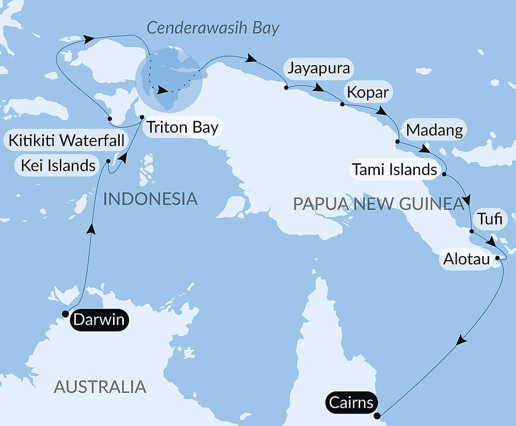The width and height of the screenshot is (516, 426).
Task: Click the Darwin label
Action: click(99, 320)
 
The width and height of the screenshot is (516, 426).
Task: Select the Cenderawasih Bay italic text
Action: click(213, 28)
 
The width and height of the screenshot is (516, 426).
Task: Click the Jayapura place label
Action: click(319, 68)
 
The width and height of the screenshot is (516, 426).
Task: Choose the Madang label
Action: click(434, 130)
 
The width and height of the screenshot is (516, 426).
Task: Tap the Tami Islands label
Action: click(394, 169)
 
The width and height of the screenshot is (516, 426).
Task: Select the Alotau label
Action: click(466, 259)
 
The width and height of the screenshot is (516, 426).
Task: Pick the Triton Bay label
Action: click(182, 128)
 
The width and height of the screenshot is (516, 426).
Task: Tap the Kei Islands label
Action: click(58, 165)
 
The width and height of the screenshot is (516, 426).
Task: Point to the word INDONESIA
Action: click(150, 199)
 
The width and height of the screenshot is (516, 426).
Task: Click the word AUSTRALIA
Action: click(100, 386)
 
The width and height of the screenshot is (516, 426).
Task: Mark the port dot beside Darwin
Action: click(65, 313)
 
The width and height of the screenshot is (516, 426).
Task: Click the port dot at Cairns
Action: click(377, 416)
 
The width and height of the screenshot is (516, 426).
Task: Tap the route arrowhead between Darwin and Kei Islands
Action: click(91, 228)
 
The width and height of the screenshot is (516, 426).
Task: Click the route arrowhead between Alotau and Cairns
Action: click(462, 341)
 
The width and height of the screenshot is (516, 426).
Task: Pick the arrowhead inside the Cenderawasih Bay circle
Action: click(163, 91)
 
